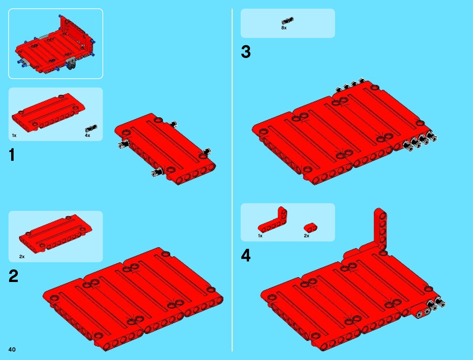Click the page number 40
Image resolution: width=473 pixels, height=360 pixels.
pos(12,349)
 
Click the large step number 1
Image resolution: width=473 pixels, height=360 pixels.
pos(12,154)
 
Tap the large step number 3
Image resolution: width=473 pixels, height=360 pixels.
pos(246,52)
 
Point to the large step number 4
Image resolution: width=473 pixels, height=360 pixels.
pos(246,255)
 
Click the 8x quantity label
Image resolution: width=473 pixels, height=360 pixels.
pos(284,28)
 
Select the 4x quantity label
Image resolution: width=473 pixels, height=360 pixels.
pos(87,135)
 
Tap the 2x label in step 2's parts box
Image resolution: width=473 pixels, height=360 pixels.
pos(22,257)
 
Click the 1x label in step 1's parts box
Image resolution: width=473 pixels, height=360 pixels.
pos(14,135)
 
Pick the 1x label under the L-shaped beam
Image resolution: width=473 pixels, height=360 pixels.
pos(260,236)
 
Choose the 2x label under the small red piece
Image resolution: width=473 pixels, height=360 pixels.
pos(306,236)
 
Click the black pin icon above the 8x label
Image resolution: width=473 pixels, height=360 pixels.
pos(287,21)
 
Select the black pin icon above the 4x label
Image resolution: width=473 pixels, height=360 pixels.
pos(91,128)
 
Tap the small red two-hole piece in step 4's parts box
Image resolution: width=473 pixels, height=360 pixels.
pos(310,228)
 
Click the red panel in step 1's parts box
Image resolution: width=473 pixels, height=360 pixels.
pos(48,112)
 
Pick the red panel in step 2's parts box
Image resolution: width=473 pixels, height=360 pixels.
pos(56,234)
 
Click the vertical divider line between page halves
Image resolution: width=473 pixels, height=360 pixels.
pos(232,180)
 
